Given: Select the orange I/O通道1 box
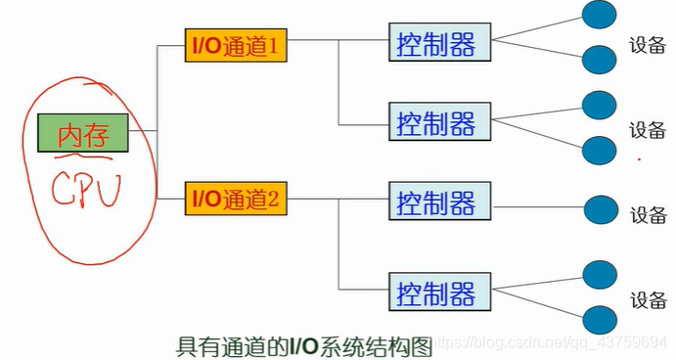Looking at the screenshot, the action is coord(236,45).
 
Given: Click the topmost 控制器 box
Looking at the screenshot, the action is coord(436,43).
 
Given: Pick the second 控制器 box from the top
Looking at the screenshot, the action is coord(436,122).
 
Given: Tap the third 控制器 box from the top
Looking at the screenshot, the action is coord(436,202).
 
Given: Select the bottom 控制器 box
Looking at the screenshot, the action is coord(436,292).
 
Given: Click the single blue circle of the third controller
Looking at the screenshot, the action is coord(600,209).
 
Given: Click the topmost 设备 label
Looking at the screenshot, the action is coord(647,46).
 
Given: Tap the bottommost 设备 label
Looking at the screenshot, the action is coord(647,299).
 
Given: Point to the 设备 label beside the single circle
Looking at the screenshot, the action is coord(647,215).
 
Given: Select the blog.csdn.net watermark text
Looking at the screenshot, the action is coord(553,344).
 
